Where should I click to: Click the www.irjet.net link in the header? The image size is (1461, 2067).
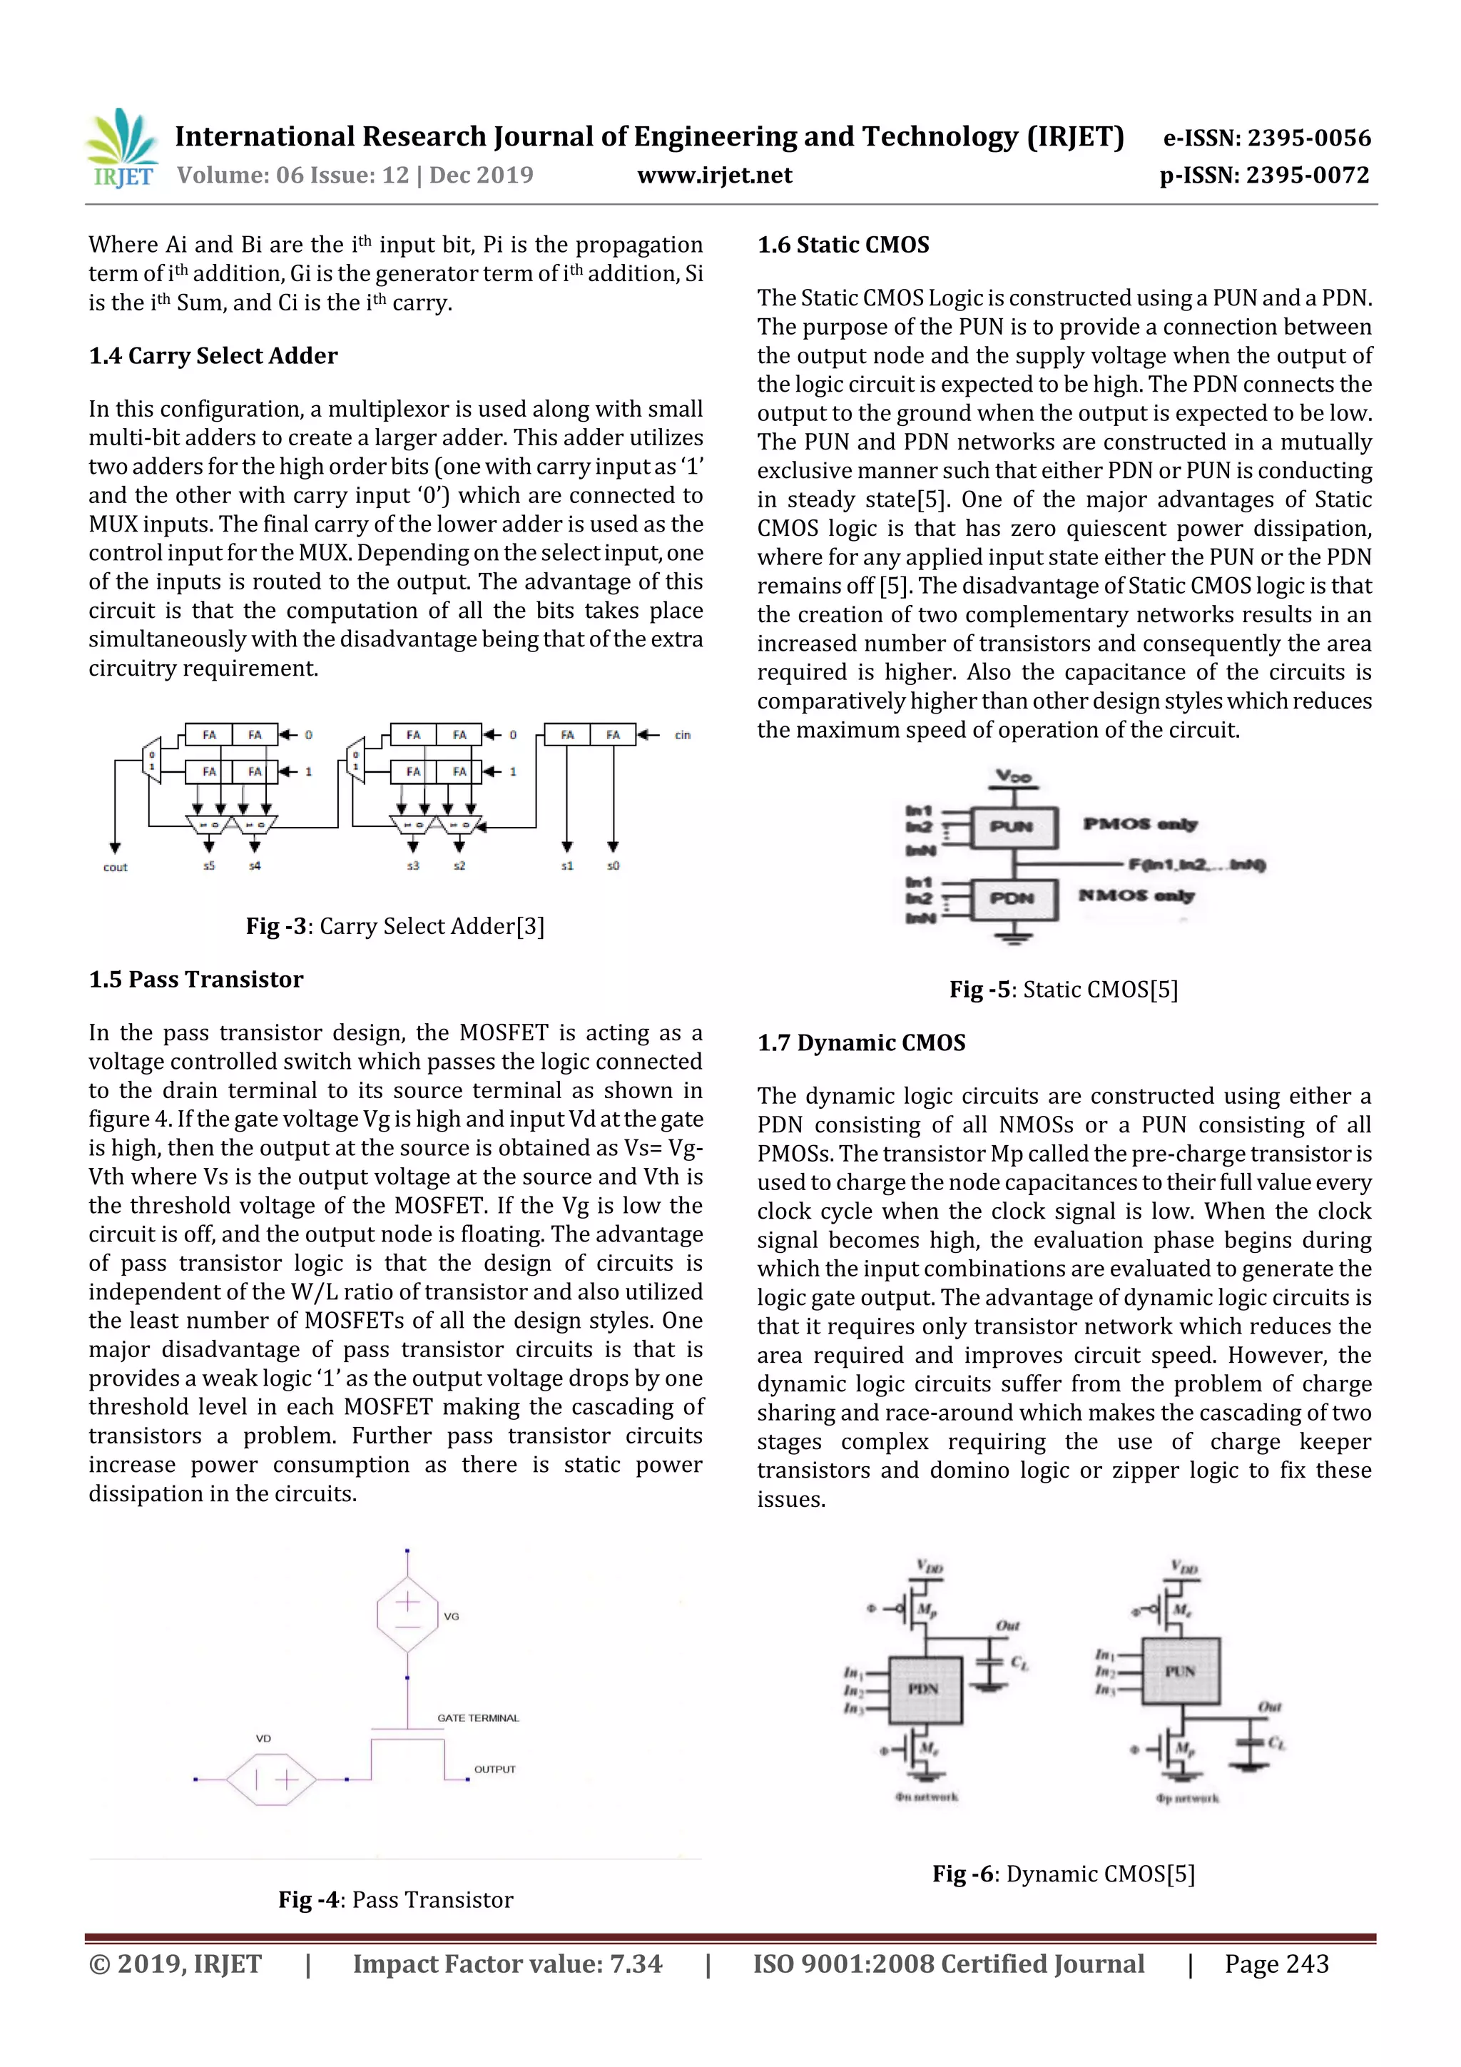coord(715,176)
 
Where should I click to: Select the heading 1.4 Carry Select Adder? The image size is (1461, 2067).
coord(213,355)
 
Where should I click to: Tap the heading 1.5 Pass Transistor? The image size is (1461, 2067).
coord(196,980)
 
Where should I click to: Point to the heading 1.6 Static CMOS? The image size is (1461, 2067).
coord(843,245)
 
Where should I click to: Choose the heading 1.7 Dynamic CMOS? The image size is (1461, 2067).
coord(862,1042)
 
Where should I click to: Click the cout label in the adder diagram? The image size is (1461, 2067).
coord(116,867)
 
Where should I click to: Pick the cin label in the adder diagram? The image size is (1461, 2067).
coord(682,736)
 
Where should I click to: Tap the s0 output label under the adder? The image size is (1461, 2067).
coord(613,866)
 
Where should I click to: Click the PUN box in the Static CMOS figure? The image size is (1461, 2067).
coord(1012,826)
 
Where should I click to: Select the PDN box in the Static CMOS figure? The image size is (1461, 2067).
coord(1012,898)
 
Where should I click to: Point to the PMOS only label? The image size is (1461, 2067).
coord(1140,824)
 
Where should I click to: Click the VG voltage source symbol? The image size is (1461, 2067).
coord(408,1614)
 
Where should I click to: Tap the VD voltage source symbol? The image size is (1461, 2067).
coord(272,1779)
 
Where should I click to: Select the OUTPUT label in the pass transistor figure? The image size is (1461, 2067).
coord(495,1769)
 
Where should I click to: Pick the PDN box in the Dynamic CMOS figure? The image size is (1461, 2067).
coord(925,1689)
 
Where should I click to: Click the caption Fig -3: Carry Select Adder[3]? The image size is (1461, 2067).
coord(395,926)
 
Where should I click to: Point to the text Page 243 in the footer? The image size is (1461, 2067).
coord(1276,1964)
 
